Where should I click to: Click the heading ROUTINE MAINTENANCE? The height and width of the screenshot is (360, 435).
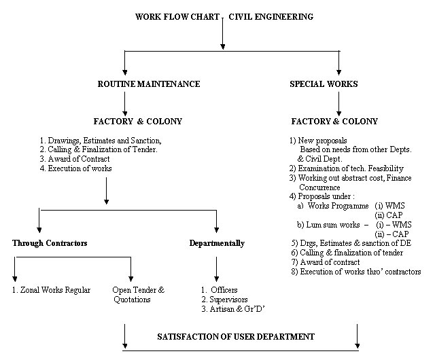(x=149, y=84)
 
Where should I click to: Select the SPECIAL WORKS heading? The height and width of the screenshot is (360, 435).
(x=324, y=84)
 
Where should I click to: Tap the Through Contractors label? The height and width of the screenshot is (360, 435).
(x=50, y=243)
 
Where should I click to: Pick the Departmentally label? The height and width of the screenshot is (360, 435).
(x=217, y=243)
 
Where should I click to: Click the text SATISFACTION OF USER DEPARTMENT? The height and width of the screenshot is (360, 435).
(x=236, y=337)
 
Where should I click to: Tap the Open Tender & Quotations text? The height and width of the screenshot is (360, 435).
(x=139, y=295)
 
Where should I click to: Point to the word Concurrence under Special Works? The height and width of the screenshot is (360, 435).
(x=319, y=187)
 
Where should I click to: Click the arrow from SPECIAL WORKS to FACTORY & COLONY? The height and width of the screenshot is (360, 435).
(x=338, y=104)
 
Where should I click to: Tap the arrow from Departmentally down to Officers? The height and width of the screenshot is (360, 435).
(x=216, y=269)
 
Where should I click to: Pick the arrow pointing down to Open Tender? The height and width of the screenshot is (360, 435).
(x=130, y=269)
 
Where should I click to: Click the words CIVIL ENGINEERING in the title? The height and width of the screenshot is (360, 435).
(x=271, y=16)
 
